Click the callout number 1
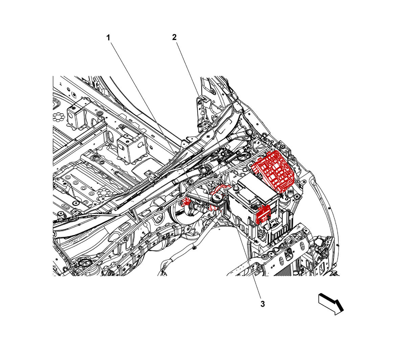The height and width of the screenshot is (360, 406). pos(108,38)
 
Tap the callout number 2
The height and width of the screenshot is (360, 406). pos(174,37)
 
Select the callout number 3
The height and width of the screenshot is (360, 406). pos(263,304)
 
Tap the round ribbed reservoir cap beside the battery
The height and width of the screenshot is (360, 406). pos(217,199)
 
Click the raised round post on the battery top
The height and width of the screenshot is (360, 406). pos(235,188)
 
